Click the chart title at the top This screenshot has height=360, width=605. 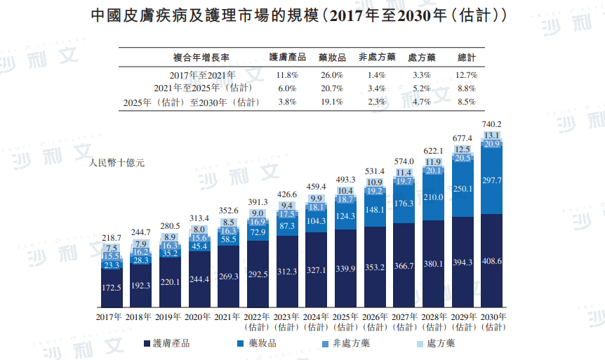302,15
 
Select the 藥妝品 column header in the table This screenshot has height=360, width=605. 331,58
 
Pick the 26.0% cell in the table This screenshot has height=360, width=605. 331,75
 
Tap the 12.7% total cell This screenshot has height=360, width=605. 466,75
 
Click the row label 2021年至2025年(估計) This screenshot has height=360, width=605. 203,88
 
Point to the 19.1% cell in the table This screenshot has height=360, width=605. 331,102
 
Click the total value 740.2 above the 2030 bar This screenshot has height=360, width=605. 491,124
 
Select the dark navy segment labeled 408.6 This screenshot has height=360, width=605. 491,261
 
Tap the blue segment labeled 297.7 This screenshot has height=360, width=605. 491,181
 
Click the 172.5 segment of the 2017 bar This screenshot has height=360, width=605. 112,288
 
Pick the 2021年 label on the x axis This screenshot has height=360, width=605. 229,318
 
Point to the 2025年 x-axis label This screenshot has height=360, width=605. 345,318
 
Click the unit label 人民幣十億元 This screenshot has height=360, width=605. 117,164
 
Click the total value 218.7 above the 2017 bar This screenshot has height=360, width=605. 112,239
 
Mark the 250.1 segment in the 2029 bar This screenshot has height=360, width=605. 463,189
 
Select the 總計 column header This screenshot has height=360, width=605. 466,58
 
